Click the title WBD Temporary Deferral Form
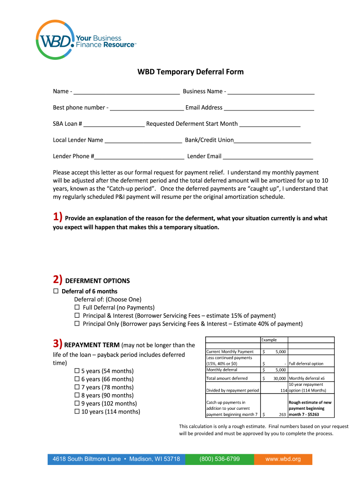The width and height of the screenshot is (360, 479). click(190, 72)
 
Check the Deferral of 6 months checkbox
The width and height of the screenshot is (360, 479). click(56, 291)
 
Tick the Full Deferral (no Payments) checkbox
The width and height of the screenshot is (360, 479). click(77, 308)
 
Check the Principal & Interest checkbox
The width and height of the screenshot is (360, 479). click(77, 316)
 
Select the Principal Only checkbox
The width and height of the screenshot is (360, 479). click(77, 324)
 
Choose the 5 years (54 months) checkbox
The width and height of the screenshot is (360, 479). click(77, 371)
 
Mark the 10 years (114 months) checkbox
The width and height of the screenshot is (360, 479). click(77, 412)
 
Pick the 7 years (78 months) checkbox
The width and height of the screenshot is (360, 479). click(77, 387)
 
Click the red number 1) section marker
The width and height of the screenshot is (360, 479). click(58, 217)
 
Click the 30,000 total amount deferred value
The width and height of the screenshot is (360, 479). click(279, 378)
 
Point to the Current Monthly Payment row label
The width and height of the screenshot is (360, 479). click(230, 352)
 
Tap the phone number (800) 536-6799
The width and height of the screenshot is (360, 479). click(219, 459)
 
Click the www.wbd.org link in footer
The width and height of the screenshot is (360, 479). click(283, 459)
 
